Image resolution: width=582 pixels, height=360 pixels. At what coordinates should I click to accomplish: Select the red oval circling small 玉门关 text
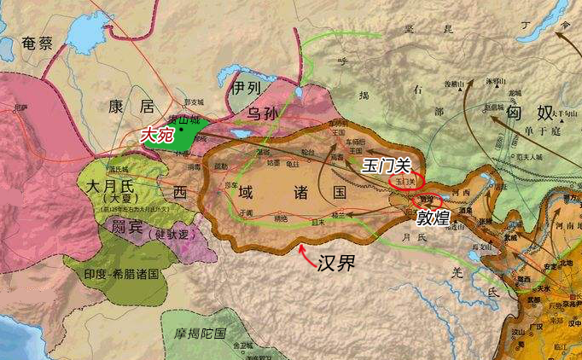click(x=404, y=180)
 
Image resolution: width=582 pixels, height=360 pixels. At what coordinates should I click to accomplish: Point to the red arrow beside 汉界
click(x=304, y=249)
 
